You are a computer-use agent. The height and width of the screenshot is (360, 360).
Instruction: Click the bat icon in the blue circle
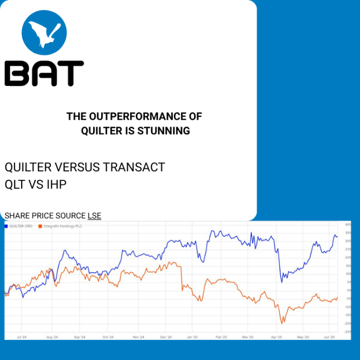[44, 32]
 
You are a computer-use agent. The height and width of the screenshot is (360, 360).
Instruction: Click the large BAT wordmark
[44, 73]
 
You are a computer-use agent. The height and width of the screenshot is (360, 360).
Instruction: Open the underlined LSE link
[94, 215]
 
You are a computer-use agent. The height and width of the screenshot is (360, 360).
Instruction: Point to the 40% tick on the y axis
[348, 225]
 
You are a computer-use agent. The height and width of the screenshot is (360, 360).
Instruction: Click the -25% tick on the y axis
[348, 332]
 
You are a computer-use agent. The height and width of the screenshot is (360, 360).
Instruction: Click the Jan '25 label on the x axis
[192, 337]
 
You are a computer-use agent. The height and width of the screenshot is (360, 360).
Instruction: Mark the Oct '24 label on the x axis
[108, 337]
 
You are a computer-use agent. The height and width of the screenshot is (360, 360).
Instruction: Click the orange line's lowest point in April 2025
[282, 323]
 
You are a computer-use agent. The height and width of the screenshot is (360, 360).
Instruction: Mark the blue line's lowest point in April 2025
[281, 282]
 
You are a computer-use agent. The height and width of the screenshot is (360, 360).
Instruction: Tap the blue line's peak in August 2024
[65, 250]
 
